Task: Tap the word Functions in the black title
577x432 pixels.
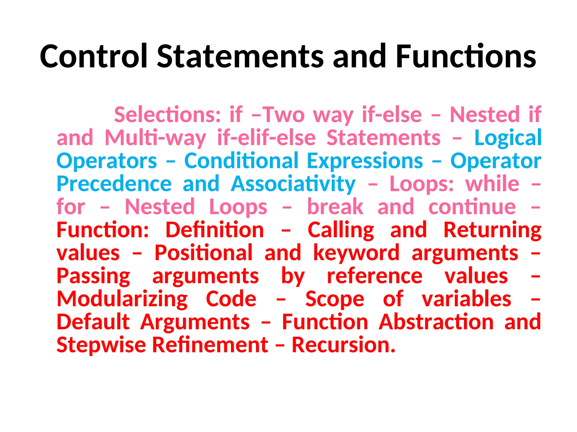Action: click(x=466, y=56)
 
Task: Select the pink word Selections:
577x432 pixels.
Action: click(x=168, y=115)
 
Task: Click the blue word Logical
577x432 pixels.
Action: click(x=508, y=138)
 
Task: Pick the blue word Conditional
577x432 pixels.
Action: click(x=241, y=161)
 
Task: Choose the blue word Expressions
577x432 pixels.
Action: click(x=365, y=161)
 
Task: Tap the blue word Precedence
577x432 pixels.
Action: click(x=114, y=184)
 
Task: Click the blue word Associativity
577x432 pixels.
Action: click(x=293, y=184)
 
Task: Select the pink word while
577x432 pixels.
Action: click(x=492, y=184)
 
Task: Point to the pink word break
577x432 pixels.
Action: click(x=335, y=207)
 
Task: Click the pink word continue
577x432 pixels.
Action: click(x=472, y=207)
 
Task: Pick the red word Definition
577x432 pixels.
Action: click(x=215, y=230)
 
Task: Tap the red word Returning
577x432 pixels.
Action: click(x=492, y=230)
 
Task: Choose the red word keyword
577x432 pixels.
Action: click(x=356, y=253)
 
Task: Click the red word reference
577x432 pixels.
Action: click(x=375, y=276)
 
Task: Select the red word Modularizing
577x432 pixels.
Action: click(x=122, y=299)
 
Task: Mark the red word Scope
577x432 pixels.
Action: click(x=335, y=299)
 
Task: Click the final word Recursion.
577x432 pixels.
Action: click(x=343, y=345)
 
